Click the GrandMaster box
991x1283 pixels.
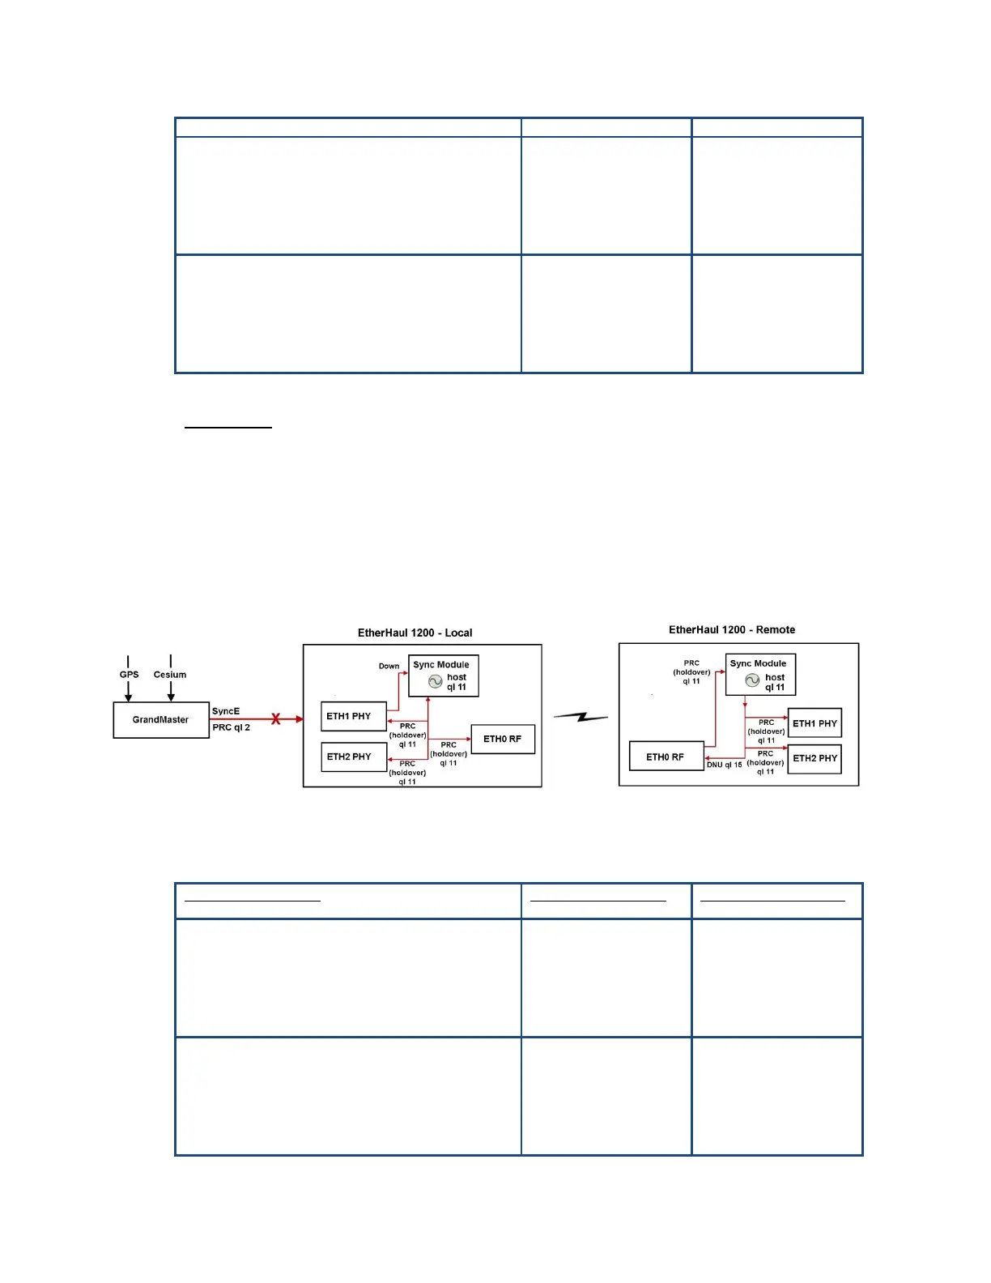point(161,719)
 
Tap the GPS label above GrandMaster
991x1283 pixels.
point(129,674)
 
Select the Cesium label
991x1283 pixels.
point(170,674)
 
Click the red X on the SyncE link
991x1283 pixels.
point(276,719)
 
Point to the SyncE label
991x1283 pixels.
point(226,711)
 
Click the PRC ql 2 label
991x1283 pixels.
point(231,727)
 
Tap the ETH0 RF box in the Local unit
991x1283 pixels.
point(503,739)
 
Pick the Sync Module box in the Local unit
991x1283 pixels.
point(443,676)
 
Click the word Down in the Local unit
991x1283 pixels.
point(389,666)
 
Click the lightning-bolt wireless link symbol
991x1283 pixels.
point(581,717)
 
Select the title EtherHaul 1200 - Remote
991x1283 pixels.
point(731,629)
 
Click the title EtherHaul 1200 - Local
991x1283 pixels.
point(415,633)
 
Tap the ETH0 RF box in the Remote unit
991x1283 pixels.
point(666,757)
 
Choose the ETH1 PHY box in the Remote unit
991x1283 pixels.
point(814,723)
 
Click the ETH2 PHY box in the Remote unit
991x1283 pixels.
point(814,758)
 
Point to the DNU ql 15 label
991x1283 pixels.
point(724,765)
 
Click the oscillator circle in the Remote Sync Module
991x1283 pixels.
point(752,680)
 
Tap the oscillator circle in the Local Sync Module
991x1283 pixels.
point(435,682)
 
